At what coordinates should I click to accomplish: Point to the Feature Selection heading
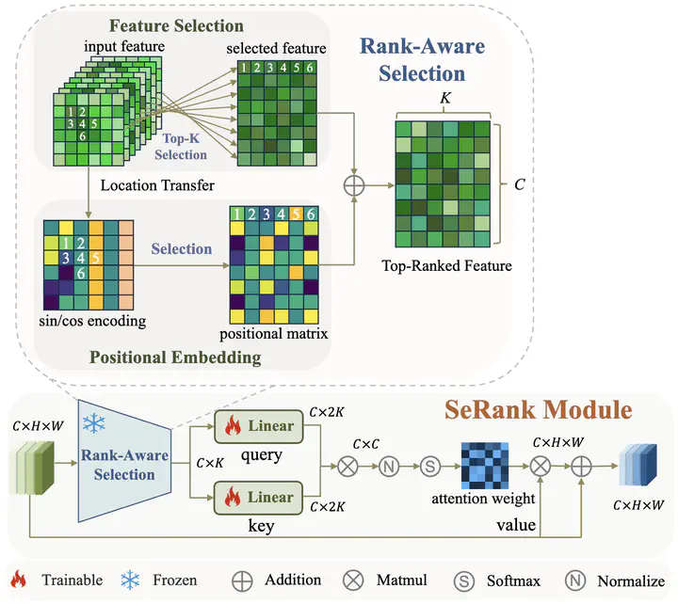pyautogui.click(x=176, y=26)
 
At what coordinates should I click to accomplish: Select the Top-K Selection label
pyautogui.click(x=180, y=147)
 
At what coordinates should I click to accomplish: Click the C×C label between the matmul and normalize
pyautogui.click(x=366, y=443)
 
